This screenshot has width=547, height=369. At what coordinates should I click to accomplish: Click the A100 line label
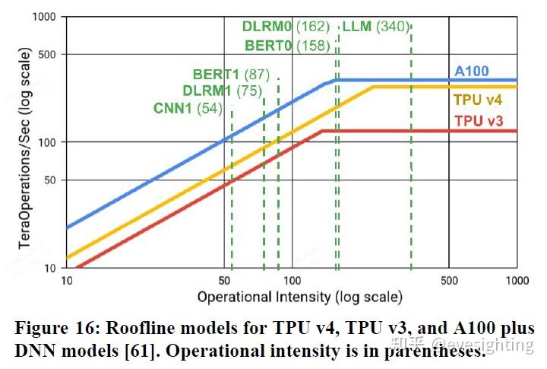472,72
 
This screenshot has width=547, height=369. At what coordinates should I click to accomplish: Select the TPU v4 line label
478,100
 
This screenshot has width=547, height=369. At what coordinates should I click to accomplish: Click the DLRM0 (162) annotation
286,27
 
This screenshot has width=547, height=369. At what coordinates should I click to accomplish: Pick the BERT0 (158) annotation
287,46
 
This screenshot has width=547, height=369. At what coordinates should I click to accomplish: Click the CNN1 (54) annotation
188,109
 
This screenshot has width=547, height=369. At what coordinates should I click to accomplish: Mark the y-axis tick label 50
50,180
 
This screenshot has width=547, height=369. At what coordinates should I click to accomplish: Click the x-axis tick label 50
223,280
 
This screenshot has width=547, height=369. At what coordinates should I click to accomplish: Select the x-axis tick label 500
449,280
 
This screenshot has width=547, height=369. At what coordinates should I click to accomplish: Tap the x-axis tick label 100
292,280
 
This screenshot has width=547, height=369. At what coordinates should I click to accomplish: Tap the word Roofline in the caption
138,329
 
